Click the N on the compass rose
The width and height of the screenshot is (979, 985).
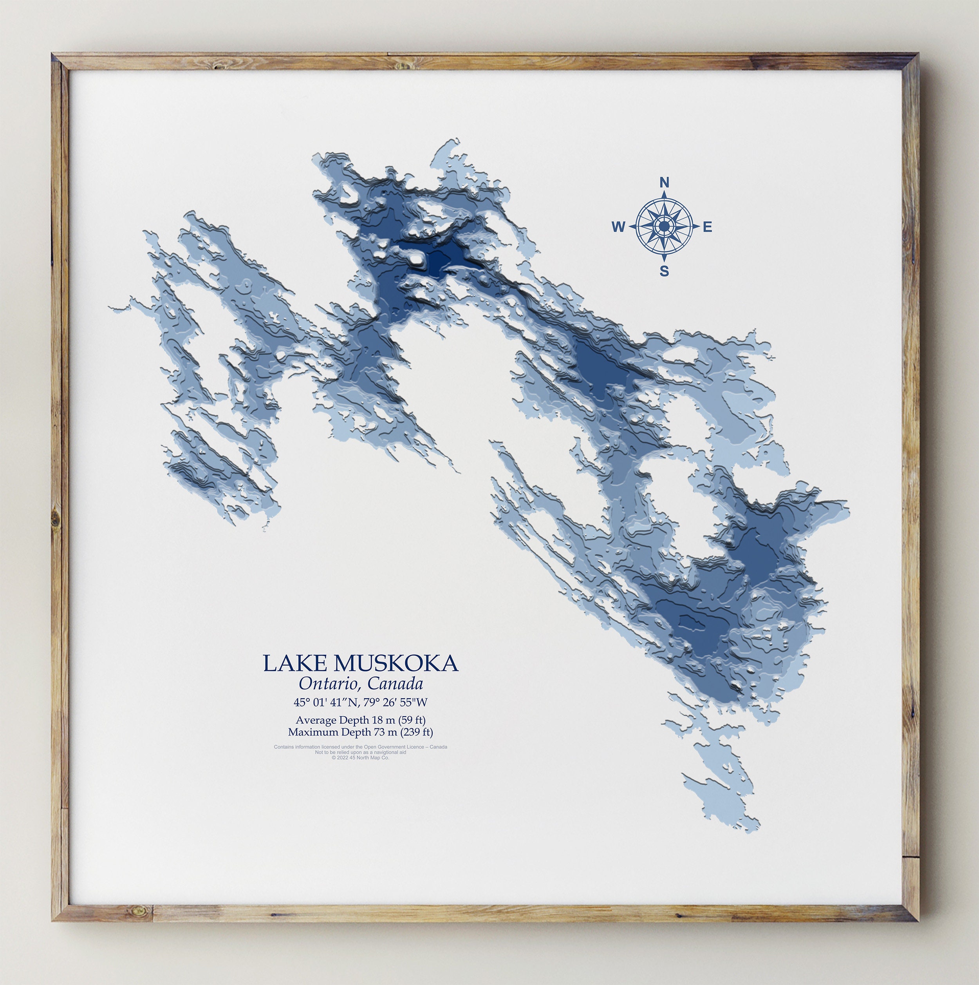tap(664, 182)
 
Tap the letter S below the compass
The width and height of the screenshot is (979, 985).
tap(664, 271)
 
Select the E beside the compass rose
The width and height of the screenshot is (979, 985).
tap(707, 227)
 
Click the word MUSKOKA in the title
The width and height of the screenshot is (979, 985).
tap(396, 663)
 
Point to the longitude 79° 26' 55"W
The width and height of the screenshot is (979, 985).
tap(396, 703)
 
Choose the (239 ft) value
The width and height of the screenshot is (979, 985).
tap(416, 733)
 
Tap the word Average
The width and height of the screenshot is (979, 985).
tap(316, 721)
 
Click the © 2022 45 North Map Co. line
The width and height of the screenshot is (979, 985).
tap(360, 758)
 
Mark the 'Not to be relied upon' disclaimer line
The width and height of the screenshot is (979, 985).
tap(360, 753)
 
